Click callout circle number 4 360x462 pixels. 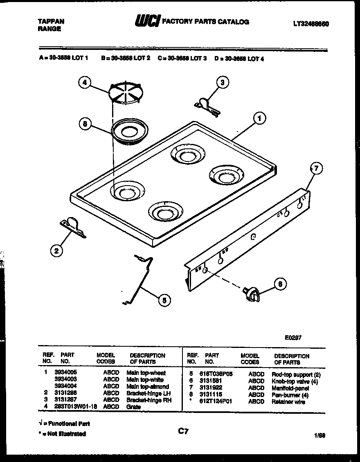[x=84, y=83]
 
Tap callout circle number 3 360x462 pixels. [x=222, y=83]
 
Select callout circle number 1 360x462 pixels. [x=259, y=119]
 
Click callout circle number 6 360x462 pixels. [x=280, y=284]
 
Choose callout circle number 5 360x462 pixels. [x=164, y=301]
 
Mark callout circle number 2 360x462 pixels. [x=57, y=250]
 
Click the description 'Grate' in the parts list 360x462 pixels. [x=133, y=407]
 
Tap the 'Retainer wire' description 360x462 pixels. [x=288, y=402]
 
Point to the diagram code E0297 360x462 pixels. [x=293, y=338]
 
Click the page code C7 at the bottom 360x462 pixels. [x=183, y=431]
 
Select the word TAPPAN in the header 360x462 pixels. [x=51, y=22]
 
